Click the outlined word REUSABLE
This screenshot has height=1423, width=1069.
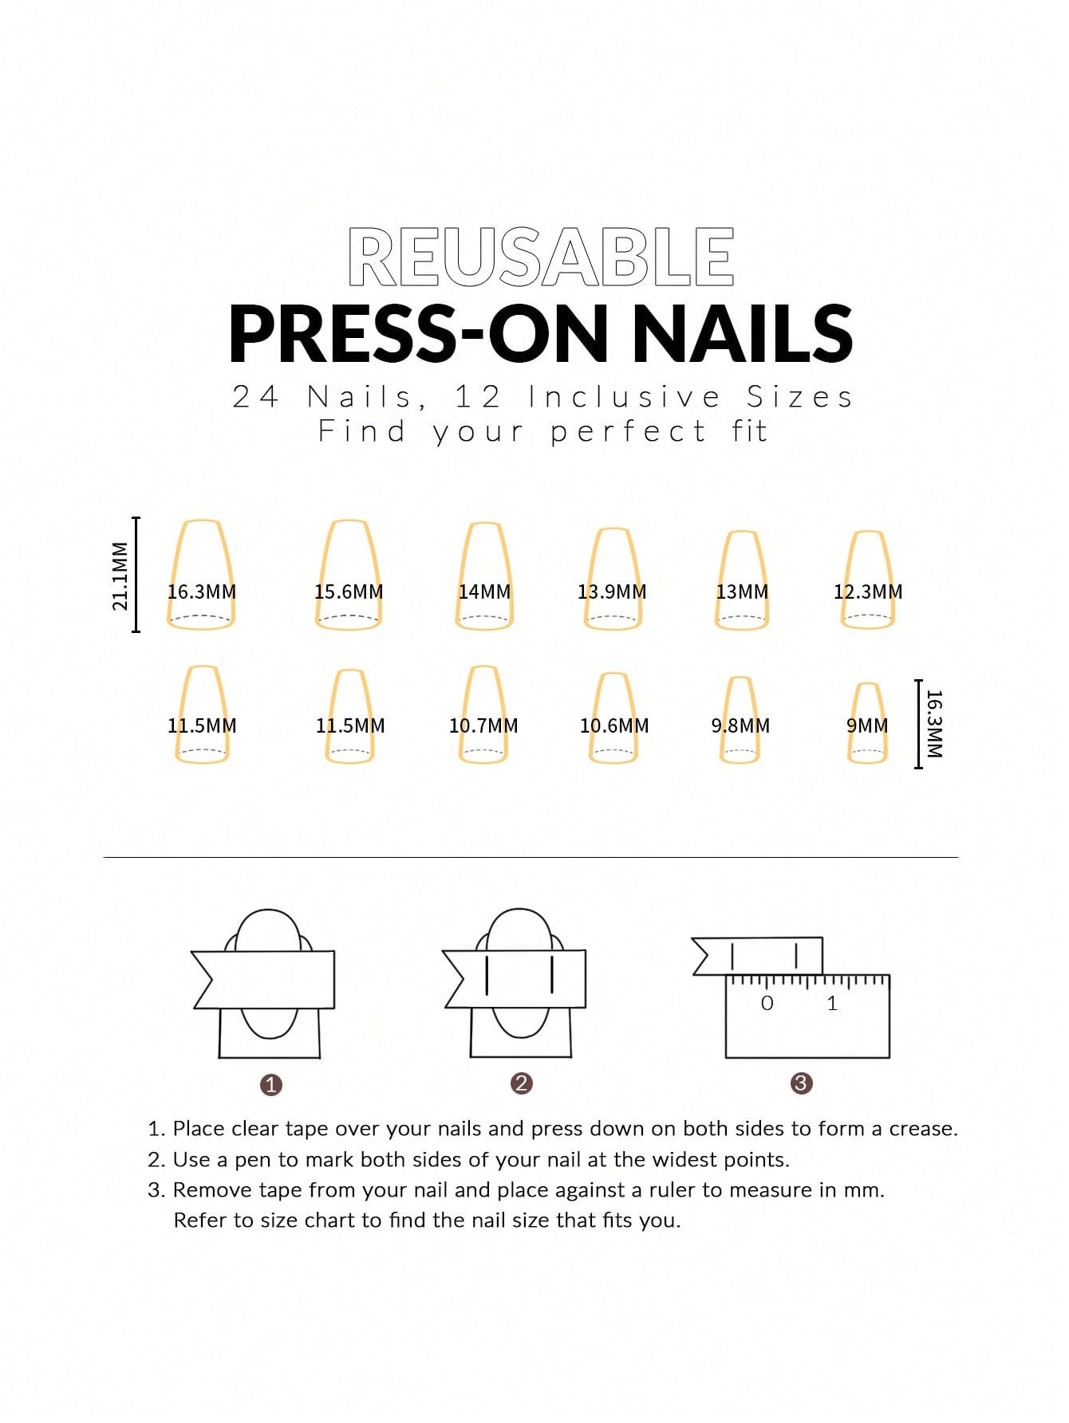point(541,257)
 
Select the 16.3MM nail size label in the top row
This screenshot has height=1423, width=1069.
point(202,592)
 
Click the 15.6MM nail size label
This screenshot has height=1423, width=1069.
point(349,592)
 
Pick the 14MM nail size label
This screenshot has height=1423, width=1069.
point(484,592)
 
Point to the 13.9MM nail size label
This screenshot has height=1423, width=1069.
point(612,592)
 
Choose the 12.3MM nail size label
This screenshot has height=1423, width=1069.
point(868,592)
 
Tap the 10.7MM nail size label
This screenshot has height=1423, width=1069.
point(483,725)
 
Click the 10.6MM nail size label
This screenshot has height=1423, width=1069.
point(614,725)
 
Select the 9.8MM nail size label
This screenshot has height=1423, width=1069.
point(740,725)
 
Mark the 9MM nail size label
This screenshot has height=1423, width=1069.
point(867,725)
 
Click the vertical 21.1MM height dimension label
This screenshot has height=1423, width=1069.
point(120,576)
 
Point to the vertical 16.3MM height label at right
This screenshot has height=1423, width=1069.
point(935,724)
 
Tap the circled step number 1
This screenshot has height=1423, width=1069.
point(271,1084)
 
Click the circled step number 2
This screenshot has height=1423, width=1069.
point(522,1083)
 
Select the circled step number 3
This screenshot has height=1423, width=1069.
point(801,1083)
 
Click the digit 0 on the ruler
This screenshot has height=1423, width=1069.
point(767,1003)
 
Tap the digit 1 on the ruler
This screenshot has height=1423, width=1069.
point(832,1003)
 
